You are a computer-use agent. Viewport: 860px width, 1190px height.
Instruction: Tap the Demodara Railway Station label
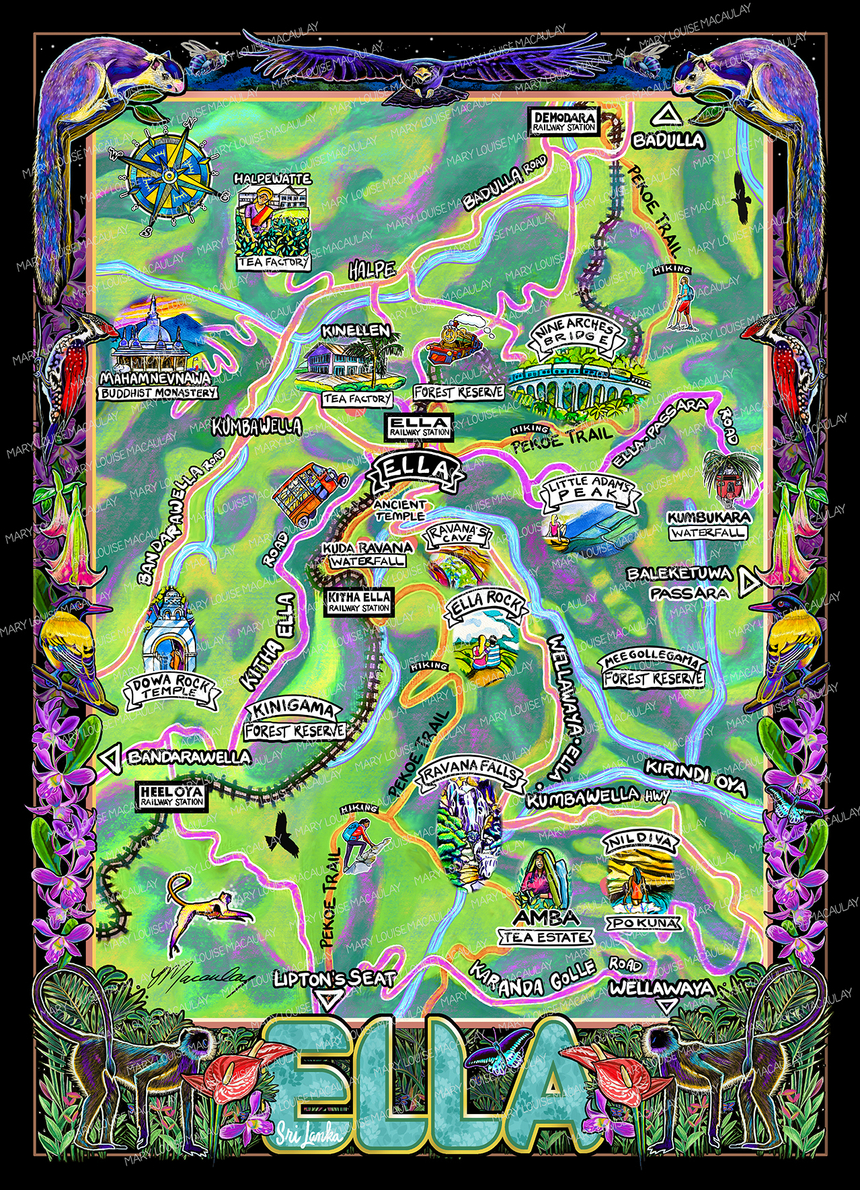(565, 122)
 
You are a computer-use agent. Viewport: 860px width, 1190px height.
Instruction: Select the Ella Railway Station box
(420, 426)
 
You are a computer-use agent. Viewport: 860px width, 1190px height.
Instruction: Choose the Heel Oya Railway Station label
(171, 796)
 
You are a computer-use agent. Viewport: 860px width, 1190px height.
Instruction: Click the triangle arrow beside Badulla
(667, 116)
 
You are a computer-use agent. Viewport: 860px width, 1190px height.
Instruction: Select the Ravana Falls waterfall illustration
(469, 833)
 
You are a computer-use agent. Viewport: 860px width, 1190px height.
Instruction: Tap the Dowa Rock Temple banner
(172, 690)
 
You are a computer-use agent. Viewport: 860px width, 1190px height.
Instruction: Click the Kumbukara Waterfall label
(708, 525)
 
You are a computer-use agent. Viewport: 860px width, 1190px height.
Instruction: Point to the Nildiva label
(641, 842)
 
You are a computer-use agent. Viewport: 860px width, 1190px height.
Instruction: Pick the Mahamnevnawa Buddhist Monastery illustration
(156, 340)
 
